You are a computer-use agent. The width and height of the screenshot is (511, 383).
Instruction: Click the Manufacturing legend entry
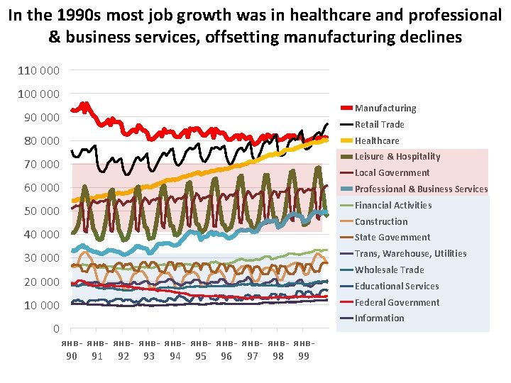coord(385,109)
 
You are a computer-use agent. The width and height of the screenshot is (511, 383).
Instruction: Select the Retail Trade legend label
coord(379,125)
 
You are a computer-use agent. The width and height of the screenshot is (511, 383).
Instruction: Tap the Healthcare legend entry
coord(377,141)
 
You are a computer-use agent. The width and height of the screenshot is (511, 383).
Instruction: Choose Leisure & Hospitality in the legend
coord(397,157)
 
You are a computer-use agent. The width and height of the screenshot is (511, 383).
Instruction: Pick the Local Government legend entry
coord(392,173)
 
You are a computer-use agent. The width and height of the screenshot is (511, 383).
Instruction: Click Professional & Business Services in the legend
coord(421,189)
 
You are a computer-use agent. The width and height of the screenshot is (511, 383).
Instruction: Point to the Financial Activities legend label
coord(392,206)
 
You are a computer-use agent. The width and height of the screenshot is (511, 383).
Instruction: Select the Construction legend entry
coord(381,222)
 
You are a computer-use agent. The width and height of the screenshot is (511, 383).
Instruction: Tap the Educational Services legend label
coord(397,287)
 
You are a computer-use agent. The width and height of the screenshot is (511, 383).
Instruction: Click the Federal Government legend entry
coord(397,303)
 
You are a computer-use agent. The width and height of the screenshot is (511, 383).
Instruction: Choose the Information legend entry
coord(379,318)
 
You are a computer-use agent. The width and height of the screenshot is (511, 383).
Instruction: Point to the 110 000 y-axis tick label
coord(39,71)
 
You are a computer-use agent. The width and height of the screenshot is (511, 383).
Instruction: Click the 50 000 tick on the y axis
coord(41,211)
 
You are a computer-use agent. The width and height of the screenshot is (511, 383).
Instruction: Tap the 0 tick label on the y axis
coord(56,329)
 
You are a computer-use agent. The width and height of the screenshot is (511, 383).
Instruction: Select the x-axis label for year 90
coord(72,356)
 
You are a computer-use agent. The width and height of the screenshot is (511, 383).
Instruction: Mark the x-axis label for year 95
coord(201,356)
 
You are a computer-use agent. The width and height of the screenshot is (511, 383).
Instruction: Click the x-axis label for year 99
coord(304,356)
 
